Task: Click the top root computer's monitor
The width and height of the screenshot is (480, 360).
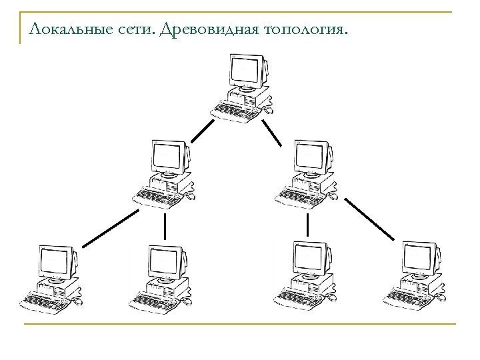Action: tap(245, 70)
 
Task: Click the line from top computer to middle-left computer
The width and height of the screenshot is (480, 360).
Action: tap(202, 131)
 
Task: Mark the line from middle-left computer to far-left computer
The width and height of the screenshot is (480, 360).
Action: tap(111, 227)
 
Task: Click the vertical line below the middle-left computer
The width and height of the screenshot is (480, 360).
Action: tap(165, 227)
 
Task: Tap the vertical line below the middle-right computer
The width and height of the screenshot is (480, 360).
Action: tap(307, 225)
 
